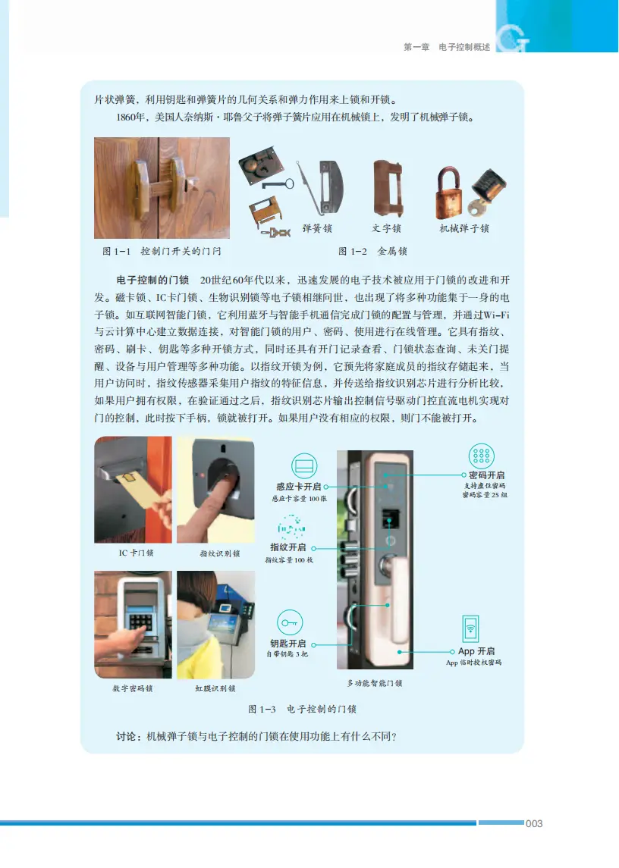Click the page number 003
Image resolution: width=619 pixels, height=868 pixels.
534,823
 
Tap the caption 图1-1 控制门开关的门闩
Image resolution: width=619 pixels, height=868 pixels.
162,251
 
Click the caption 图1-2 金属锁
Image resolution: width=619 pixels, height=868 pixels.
372,251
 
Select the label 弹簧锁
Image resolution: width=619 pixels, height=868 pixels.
317,228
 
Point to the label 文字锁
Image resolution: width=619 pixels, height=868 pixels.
386,228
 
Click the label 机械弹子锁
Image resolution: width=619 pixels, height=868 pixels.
464,228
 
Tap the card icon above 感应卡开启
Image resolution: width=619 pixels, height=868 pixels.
304,465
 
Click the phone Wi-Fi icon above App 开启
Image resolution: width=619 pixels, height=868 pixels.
470,629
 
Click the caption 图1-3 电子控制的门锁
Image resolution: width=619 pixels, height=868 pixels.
302,710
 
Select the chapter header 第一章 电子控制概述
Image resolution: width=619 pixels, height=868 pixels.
446,47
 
